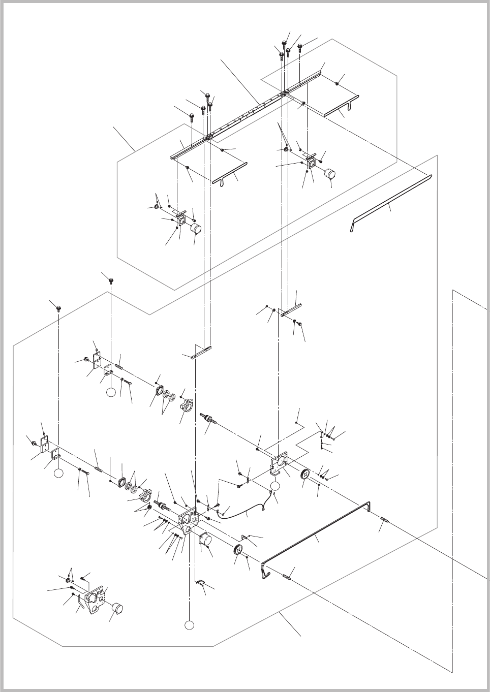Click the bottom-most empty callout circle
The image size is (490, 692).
tap(190, 624)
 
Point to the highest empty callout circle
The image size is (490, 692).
tap(110, 392)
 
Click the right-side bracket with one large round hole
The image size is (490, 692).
tap(278, 463)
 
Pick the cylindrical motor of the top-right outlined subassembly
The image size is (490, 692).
tap(331, 174)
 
